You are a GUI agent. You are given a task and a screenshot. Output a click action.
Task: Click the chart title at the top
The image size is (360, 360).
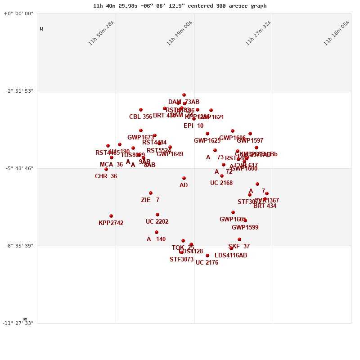pos(180,6)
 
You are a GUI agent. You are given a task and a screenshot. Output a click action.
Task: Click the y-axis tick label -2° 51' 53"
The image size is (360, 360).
pos(19,91)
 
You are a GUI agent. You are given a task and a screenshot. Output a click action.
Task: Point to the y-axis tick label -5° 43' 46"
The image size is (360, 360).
pos(19,168)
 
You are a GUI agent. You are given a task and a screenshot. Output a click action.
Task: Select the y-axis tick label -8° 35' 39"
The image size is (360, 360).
pos(19,246)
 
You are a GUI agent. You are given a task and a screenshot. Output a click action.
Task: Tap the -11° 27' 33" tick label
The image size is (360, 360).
pos(18,323)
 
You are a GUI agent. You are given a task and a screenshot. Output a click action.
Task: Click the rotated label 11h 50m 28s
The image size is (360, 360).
pos(101,33)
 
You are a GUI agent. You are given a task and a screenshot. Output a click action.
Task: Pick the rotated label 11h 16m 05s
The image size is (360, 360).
pos(336,33)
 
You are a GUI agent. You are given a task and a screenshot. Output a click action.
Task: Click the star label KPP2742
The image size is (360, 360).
pos(111,223)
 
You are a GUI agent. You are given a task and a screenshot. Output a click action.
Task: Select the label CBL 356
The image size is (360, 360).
pos(140,117)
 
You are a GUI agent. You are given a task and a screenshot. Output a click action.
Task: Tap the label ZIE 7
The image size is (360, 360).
pos(150,200)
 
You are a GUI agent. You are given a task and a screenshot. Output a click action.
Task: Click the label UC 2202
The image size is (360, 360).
pos(157,222)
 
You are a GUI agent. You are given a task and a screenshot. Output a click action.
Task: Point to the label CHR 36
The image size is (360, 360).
pos(106,176)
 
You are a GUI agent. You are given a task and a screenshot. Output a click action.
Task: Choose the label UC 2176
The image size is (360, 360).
pos(207,263)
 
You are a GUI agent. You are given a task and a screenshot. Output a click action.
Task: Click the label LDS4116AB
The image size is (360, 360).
pos(231,256)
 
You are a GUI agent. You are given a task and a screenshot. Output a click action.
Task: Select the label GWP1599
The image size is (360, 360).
pos(245,228)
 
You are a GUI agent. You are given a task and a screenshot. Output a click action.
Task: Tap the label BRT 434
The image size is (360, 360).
pos(265,206)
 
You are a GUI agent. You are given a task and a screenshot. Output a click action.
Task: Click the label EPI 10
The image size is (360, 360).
pos(193,126)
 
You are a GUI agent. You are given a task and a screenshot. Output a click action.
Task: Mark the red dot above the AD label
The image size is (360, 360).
pos(184,178)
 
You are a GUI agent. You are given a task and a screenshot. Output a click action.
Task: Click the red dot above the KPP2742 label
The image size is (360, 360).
pos(111,216)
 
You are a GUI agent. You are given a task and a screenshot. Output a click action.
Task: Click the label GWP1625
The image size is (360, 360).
pos(207,141)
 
